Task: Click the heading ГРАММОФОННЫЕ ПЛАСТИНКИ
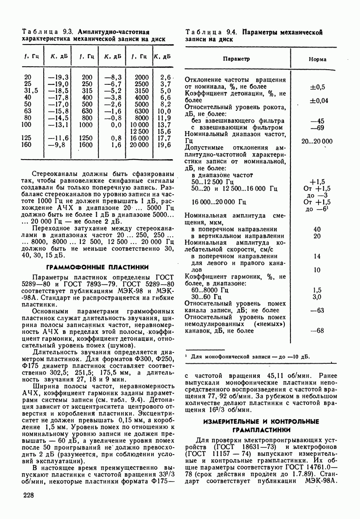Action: coord(97,267)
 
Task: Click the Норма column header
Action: coord(318,59)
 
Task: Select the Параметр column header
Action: coord(236,58)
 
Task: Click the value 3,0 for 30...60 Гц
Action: coord(317,297)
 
